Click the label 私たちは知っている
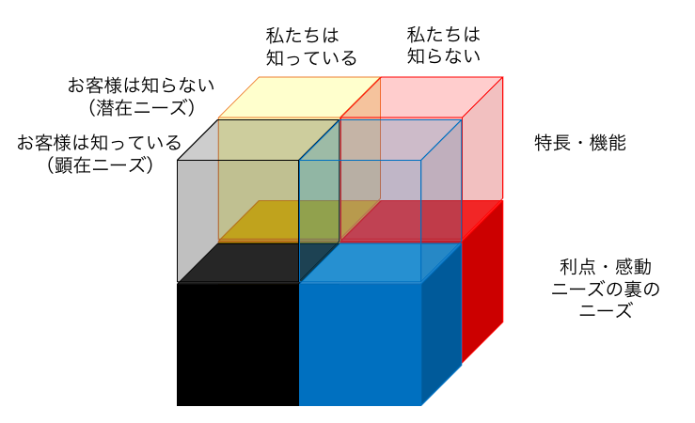(311, 46)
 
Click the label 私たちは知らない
(444, 45)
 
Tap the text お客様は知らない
(141, 86)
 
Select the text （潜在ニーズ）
(141, 108)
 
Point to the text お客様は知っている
(100, 143)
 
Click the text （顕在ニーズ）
(100, 164)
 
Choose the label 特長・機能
(580, 143)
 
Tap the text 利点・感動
(606, 267)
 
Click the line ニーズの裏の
(606, 290)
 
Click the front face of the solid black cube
(238, 344)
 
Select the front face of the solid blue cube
(360, 344)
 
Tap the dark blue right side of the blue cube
(441, 324)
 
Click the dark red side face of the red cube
(482, 282)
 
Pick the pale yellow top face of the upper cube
(300, 98)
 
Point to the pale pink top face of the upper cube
(421, 98)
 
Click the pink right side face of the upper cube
(482, 138)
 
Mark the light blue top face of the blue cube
(380, 262)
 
